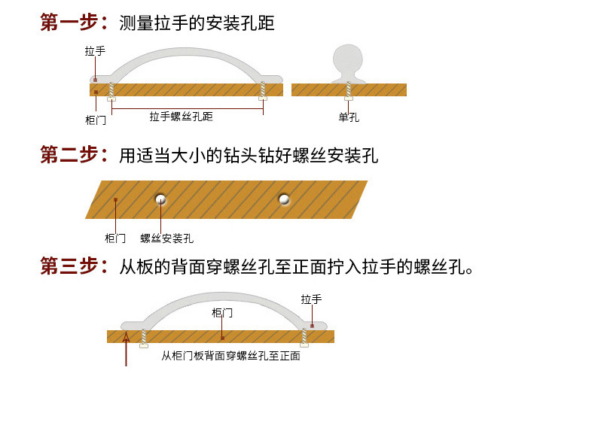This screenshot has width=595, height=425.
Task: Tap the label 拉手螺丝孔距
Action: [181, 117]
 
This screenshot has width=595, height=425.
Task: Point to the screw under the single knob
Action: [348, 92]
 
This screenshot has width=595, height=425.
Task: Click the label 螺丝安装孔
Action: [166, 238]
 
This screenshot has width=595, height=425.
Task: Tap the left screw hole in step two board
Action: [160, 199]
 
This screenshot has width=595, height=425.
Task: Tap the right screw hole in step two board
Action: [284, 199]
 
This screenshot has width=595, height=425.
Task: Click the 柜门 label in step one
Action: [96, 120]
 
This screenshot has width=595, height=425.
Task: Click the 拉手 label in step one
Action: [95, 52]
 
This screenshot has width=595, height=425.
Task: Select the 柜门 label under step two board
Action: [114, 238]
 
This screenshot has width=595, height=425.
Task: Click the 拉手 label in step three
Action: [311, 299]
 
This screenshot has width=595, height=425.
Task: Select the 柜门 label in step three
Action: [222, 312]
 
